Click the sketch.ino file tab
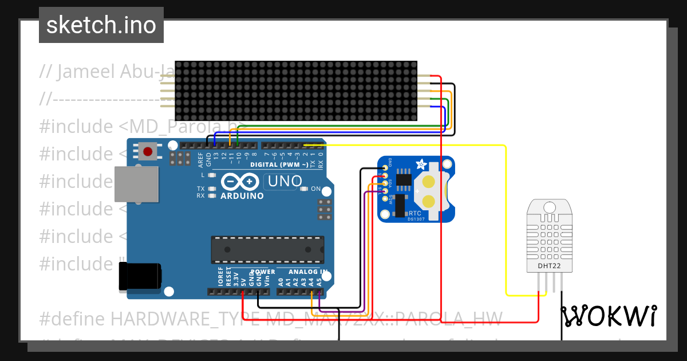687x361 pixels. tap(101, 25)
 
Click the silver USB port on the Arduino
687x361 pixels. tap(136, 184)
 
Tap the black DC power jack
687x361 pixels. tap(140, 276)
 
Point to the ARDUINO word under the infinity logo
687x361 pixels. tap(242, 196)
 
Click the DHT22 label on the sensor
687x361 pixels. tap(548, 266)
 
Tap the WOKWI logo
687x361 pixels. tap(609, 316)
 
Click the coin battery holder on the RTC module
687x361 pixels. tap(430, 191)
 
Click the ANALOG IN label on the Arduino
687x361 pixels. tap(308, 272)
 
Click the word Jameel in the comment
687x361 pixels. tap(86, 72)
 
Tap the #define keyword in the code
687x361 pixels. tap(73, 318)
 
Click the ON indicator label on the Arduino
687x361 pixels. tap(315, 189)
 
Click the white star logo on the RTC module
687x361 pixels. tap(421, 164)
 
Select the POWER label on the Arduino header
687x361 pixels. tap(263, 272)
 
